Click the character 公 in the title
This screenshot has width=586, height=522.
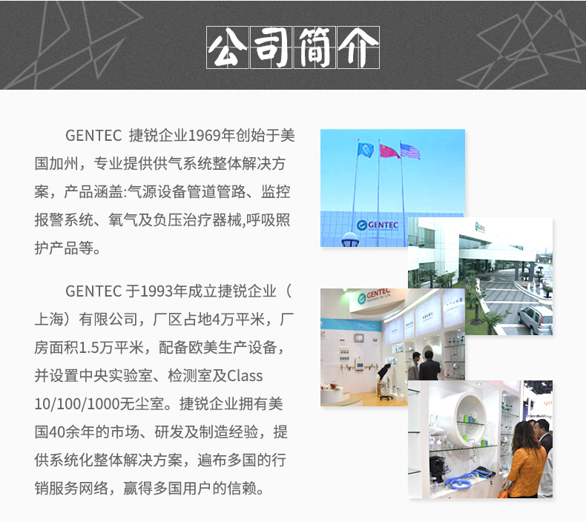point(227,47)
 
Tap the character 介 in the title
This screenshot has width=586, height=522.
point(358,47)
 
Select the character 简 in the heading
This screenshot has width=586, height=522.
point(315,47)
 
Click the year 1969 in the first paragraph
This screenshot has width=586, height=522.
point(204,135)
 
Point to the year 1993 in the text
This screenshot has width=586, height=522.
point(157,291)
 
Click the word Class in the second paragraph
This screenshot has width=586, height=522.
point(245,375)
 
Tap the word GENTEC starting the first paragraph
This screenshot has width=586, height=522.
point(93,135)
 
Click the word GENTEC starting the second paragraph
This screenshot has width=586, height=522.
point(93,291)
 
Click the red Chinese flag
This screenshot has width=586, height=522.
point(389,151)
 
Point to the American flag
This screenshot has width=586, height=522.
point(410,151)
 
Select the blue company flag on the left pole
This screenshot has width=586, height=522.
point(366,150)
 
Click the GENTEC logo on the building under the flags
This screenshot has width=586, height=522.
point(378,225)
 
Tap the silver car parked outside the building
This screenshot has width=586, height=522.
point(535,320)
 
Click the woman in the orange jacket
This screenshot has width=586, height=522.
point(526,460)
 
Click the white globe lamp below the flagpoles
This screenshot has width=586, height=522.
point(350,239)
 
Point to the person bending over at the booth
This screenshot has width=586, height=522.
point(383,377)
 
